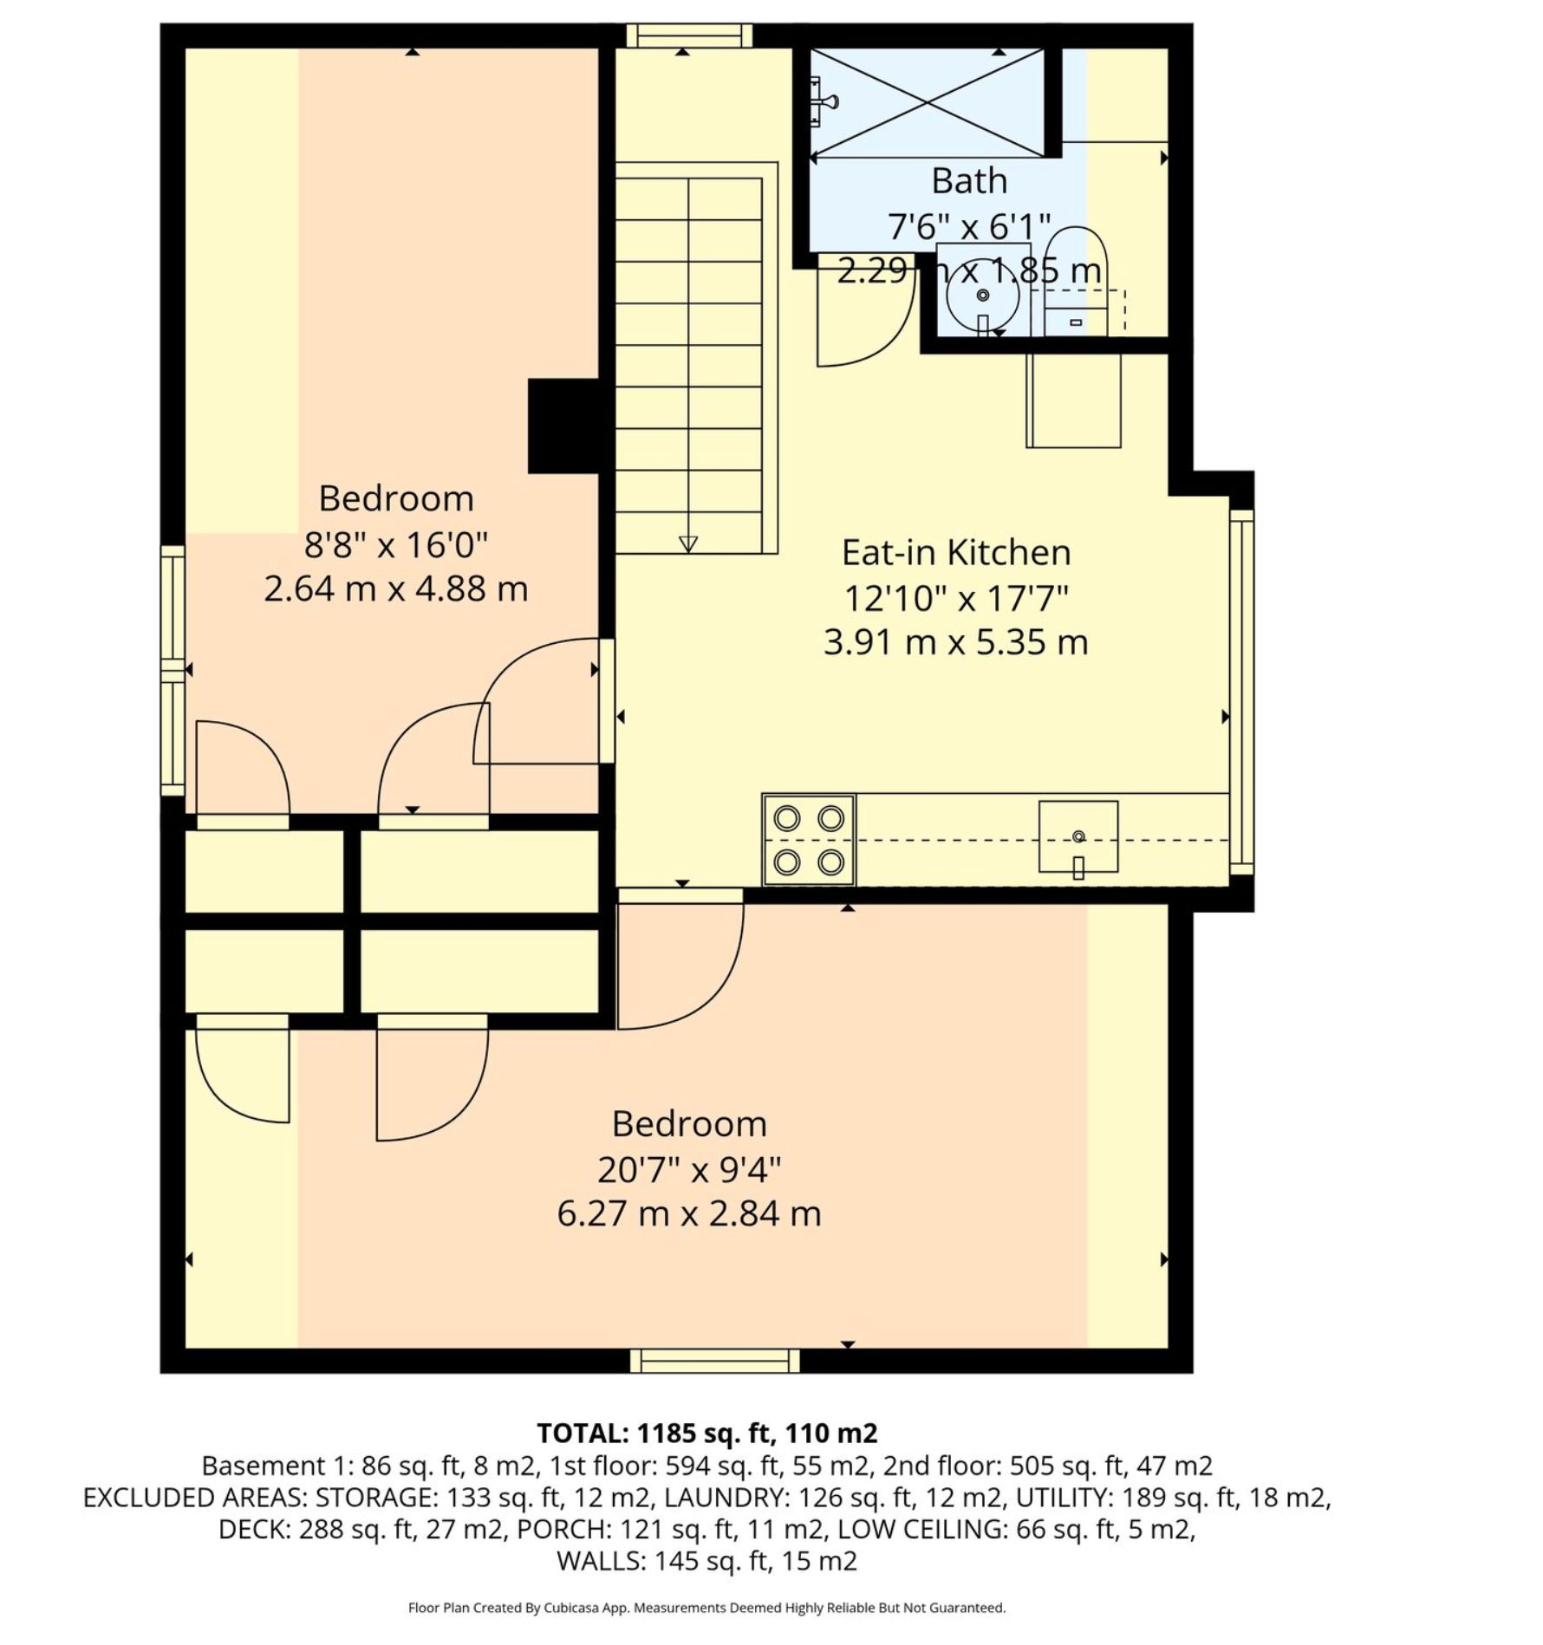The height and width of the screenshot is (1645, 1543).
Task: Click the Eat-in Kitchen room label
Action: click(956, 552)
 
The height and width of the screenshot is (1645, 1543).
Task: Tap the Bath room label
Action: click(969, 181)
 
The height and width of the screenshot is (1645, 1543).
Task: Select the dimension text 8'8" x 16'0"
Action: click(396, 545)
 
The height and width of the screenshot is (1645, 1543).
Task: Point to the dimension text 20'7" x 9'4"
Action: click(689, 1170)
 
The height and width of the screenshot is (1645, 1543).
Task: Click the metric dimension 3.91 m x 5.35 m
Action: click(956, 642)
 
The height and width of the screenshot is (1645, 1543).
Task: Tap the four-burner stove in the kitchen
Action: click(809, 840)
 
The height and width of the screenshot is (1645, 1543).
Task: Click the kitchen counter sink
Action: click(1078, 837)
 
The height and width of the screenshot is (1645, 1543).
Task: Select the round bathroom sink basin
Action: click(982, 296)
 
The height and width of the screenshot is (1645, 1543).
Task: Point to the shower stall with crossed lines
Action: click(927, 103)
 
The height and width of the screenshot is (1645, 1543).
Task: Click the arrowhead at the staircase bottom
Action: click(688, 544)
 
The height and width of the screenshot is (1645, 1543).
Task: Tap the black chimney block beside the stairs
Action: click(563, 426)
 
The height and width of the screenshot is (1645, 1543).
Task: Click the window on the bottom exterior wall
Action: click(714, 1361)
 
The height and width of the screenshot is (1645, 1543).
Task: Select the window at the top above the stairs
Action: click(689, 36)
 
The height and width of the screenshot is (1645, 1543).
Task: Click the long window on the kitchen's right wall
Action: click(1241, 691)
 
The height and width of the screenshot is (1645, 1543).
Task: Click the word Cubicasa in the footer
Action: click(573, 1608)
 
